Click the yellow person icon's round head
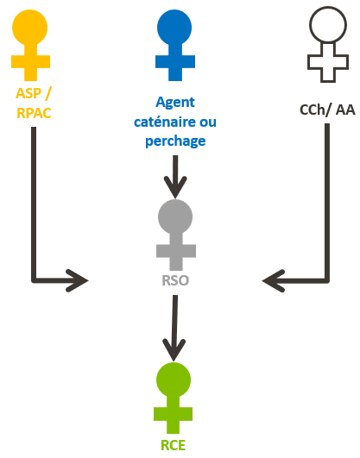tap(29, 28)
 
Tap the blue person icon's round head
tap(174, 28)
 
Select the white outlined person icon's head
tap(328, 24)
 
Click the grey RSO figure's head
tap(175, 216)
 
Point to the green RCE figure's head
tap(174, 380)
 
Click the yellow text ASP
tap(28, 93)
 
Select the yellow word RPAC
tap(34, 113)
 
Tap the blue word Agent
tap(175, 103)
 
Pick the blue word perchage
tap(175, 141)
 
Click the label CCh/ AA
tap(327, 110)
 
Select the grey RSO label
tap(175, 280)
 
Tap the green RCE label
tap(174, 445)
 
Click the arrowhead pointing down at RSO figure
tap(175, 187)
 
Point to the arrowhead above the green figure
tap(174, 349)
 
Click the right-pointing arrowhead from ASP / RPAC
tap(77, 280)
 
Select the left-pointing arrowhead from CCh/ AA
tap(274, 280)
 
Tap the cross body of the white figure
tap(328, 62)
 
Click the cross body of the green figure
tap(174, 414)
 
